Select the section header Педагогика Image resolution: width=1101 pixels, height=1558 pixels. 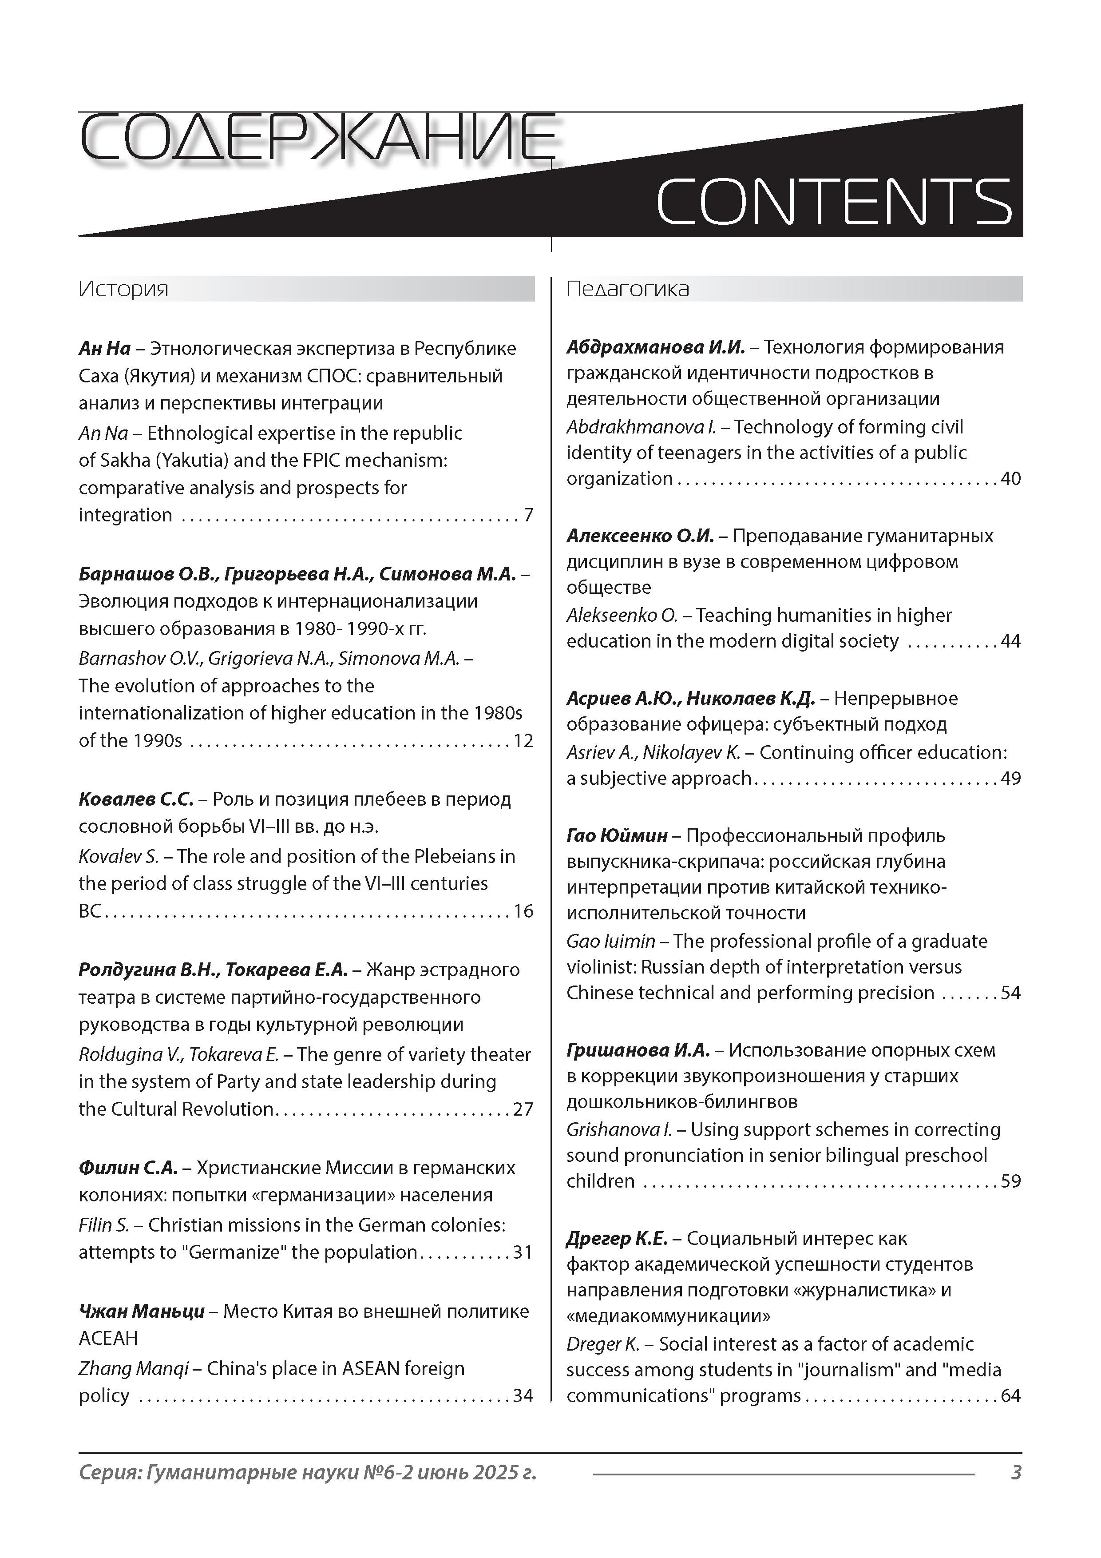627,289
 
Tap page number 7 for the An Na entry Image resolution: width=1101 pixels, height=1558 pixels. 528,515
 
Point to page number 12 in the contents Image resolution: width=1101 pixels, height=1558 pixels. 523,740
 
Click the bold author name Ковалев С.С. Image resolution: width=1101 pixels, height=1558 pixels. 136,799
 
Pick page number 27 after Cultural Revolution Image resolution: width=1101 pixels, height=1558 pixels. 523,1109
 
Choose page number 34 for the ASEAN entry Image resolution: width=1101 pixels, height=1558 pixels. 523,1396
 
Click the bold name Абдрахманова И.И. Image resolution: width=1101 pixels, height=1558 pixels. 655,347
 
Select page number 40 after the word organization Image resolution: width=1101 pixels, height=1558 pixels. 1011,479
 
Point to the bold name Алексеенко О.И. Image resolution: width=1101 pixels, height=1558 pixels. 640,536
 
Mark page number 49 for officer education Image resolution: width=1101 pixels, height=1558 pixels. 1011,778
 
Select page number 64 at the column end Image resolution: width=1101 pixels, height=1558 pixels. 1011,1396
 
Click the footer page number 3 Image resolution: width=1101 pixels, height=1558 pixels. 1015,1473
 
